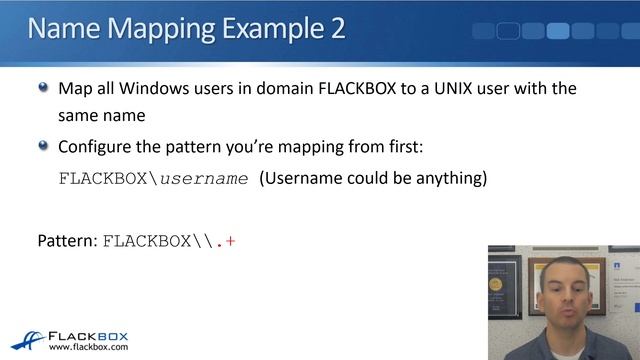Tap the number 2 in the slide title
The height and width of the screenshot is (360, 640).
337,28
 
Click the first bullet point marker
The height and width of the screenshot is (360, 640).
43,88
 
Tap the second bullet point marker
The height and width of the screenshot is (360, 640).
43,145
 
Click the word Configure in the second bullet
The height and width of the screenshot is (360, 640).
97,146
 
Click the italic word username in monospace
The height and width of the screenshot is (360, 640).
204,179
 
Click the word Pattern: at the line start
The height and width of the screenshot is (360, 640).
68,241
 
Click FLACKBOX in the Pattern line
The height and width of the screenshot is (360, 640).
143,241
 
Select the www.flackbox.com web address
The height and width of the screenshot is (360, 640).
88,347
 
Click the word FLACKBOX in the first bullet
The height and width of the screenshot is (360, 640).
363,88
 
